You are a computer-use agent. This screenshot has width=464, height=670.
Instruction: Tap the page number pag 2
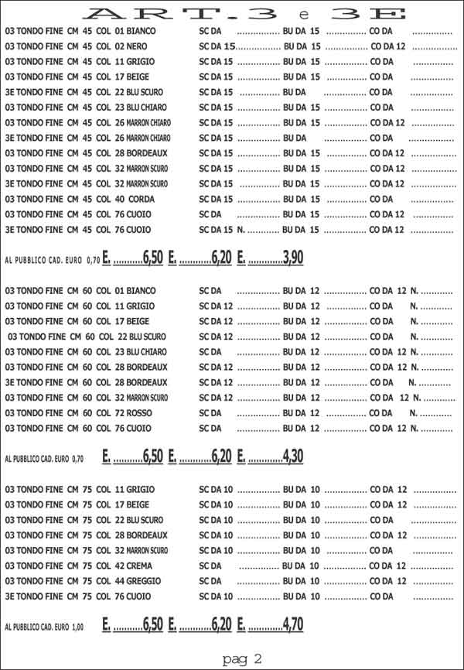tap(242, 658)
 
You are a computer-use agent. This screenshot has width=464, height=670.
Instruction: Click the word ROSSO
tap(142, 412)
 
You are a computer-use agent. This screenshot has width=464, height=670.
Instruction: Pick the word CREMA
tap(142, 566)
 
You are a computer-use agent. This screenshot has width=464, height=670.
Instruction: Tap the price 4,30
tap(293, 456)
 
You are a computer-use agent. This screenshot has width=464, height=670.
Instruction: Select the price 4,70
tap(293, 625)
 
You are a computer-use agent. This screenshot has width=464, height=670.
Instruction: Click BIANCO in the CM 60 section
tap(142, 291)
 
